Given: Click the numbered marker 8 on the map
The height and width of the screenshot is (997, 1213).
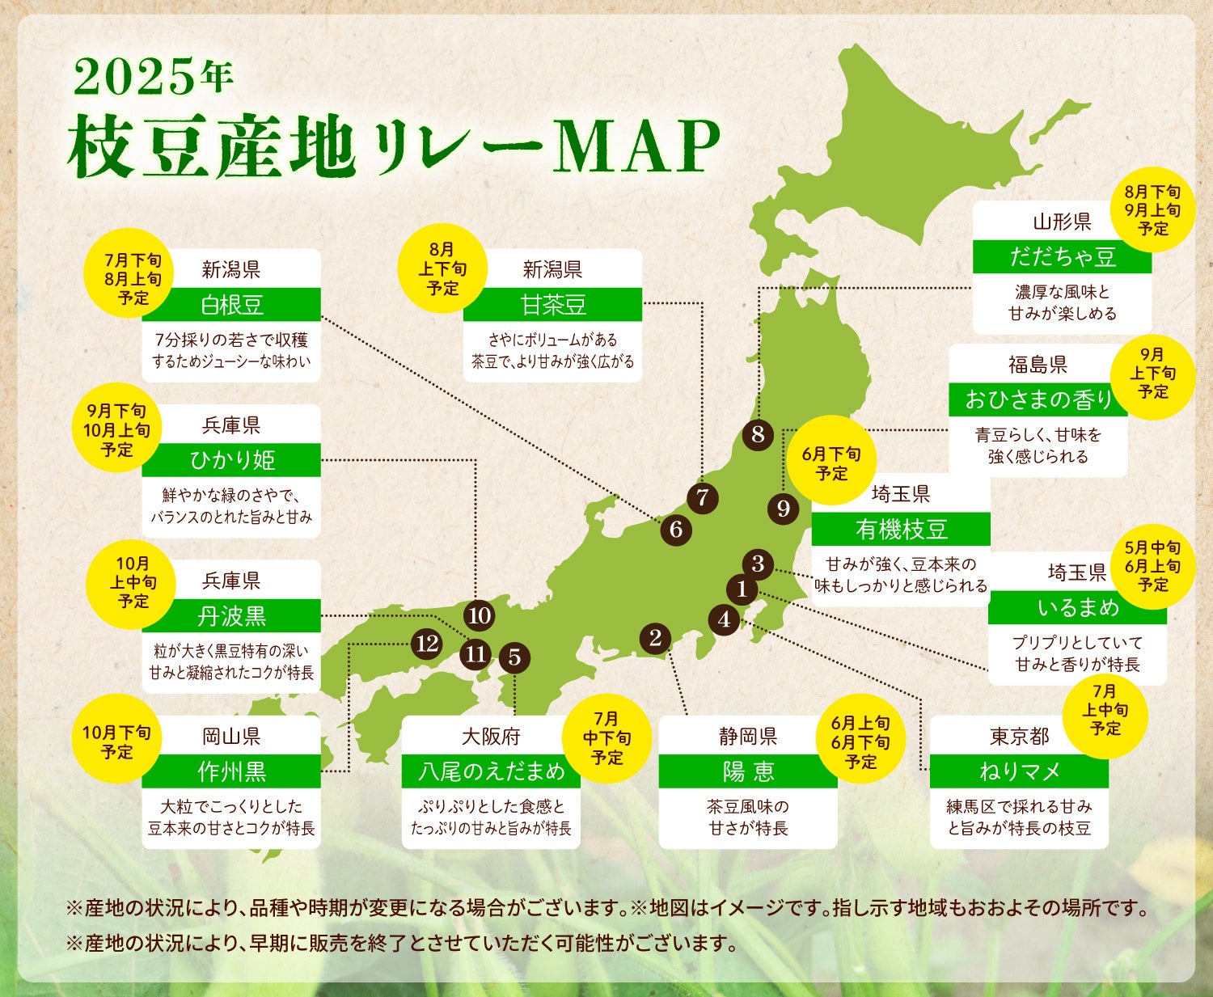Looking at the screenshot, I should [x=758, y=434].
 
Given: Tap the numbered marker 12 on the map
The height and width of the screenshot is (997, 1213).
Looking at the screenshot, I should [x=426, y=644].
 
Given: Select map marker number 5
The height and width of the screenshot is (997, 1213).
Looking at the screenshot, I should [x=514, y=657].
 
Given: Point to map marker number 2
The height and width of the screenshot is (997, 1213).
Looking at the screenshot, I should [x=655, y=638].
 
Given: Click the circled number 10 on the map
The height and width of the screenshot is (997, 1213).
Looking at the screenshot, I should [x=480, y=615].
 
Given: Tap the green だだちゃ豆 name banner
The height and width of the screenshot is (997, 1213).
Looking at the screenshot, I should [x=1062, y=257].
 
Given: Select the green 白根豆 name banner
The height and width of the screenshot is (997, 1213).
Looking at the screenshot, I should [x=231, y=305].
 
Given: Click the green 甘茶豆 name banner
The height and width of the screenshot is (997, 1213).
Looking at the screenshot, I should [x=552, y=305].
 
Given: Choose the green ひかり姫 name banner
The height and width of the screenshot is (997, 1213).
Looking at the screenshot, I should [x=231, y=460].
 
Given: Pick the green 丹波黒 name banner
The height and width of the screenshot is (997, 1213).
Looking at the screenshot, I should [x=231, y=616].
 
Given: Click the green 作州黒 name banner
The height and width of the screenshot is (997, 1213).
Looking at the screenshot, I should [x=231, y=771].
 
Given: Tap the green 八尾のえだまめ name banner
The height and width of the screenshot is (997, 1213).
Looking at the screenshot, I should [x=491, y=771].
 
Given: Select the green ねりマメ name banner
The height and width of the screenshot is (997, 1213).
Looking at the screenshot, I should [x=1019, y=771].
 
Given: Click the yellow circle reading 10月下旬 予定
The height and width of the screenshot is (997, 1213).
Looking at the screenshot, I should [x=116, y=742].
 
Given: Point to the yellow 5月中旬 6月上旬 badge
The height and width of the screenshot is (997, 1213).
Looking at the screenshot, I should [x=1152, y=566].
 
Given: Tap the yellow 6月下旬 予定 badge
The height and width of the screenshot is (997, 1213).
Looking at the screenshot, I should [x=831, y=464].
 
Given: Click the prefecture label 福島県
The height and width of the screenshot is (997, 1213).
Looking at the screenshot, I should [x=1038, y=365].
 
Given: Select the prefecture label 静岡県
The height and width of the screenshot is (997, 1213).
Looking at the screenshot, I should [x=748, y=737].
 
